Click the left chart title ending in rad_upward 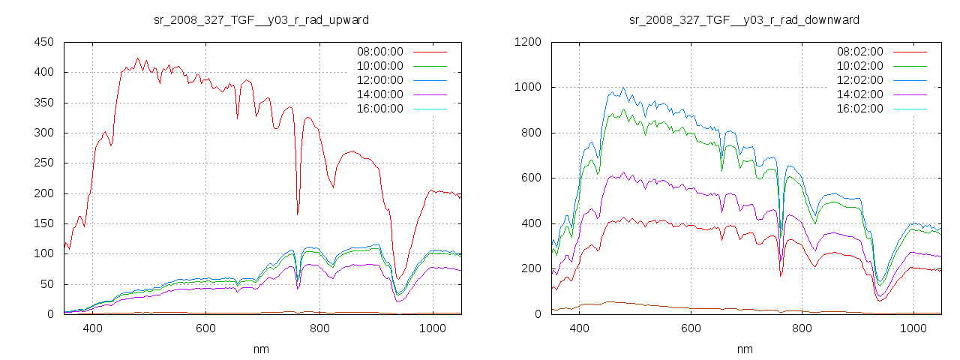pyautogui.click(x=261, y=19)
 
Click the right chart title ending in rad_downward pyautogui.click(x=744, y=19)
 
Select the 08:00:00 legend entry pyautogui.click(x=379, y=52)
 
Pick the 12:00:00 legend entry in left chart pyautogui.click(x=379, y=80)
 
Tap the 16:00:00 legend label pyautogui.click(x=379, y=109)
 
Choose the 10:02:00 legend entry pyautogui.click(x=860, y=66)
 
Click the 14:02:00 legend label pyautogui.click(x=860, y=94)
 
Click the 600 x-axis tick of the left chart pyautogui.click(x=206, y=328)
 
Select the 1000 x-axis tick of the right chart pyautogui.click(x=913, y=328)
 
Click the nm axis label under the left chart pyautogui.click(x=261, y=349)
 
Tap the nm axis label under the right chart pyautogui.click(x=744, y=349)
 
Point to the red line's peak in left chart pyautogui.click(x=137, y=58)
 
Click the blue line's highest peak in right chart pyautogui.click(x=622, y=87)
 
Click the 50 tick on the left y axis pyautogui.click(x=46, y=284)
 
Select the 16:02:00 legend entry pyautogui.click(x=860, y=109)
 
